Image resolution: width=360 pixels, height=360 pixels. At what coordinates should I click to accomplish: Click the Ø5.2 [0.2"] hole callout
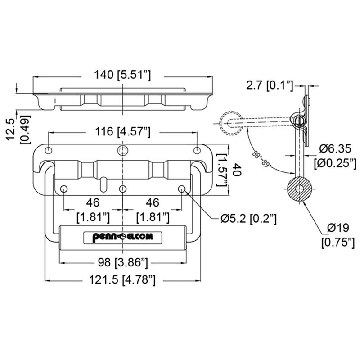pyautogui.click(x=248, y=219)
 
